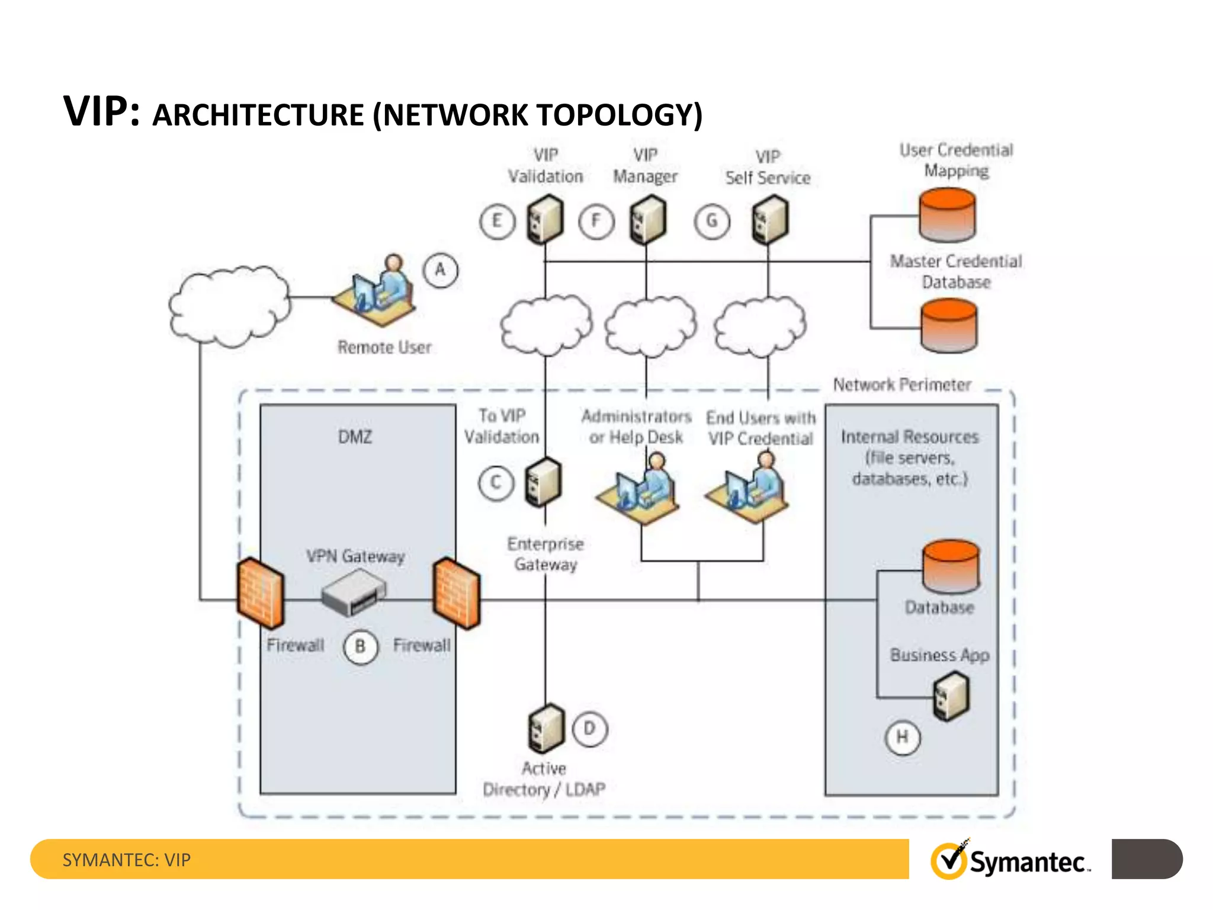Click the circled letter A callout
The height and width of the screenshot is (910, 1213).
(440, 270)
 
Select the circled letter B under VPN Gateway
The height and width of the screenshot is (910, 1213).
(360, 646)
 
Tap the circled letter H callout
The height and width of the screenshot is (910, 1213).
(902, 737)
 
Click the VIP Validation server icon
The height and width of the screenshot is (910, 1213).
(545, 220)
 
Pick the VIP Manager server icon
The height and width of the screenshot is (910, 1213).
(647, 220)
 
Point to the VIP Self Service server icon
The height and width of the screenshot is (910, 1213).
(770, 220)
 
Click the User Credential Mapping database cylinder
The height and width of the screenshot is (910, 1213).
(947, 214)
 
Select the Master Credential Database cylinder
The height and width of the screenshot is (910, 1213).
(948, 325)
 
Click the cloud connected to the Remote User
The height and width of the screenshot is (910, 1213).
(229, 306)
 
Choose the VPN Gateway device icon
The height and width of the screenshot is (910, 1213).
(353, 594)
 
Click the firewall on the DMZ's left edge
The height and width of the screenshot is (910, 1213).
(260, 593)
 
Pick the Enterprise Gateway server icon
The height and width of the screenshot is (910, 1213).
(543, 482)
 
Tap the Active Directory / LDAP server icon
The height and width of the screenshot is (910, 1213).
(545, 728)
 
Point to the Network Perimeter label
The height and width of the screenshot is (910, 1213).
(901, 384)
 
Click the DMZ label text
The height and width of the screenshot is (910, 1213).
(355, 437)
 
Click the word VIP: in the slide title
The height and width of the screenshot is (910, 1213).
(101, 111)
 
